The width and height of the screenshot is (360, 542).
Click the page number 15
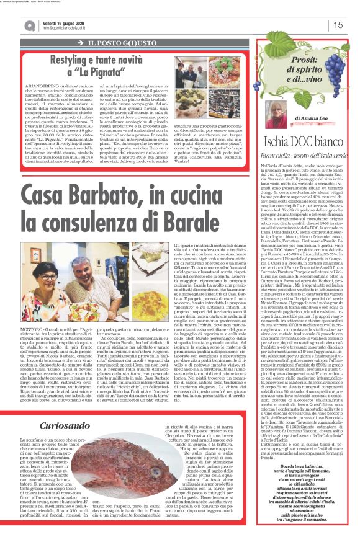pyautogui.click(x=338, y=25)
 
